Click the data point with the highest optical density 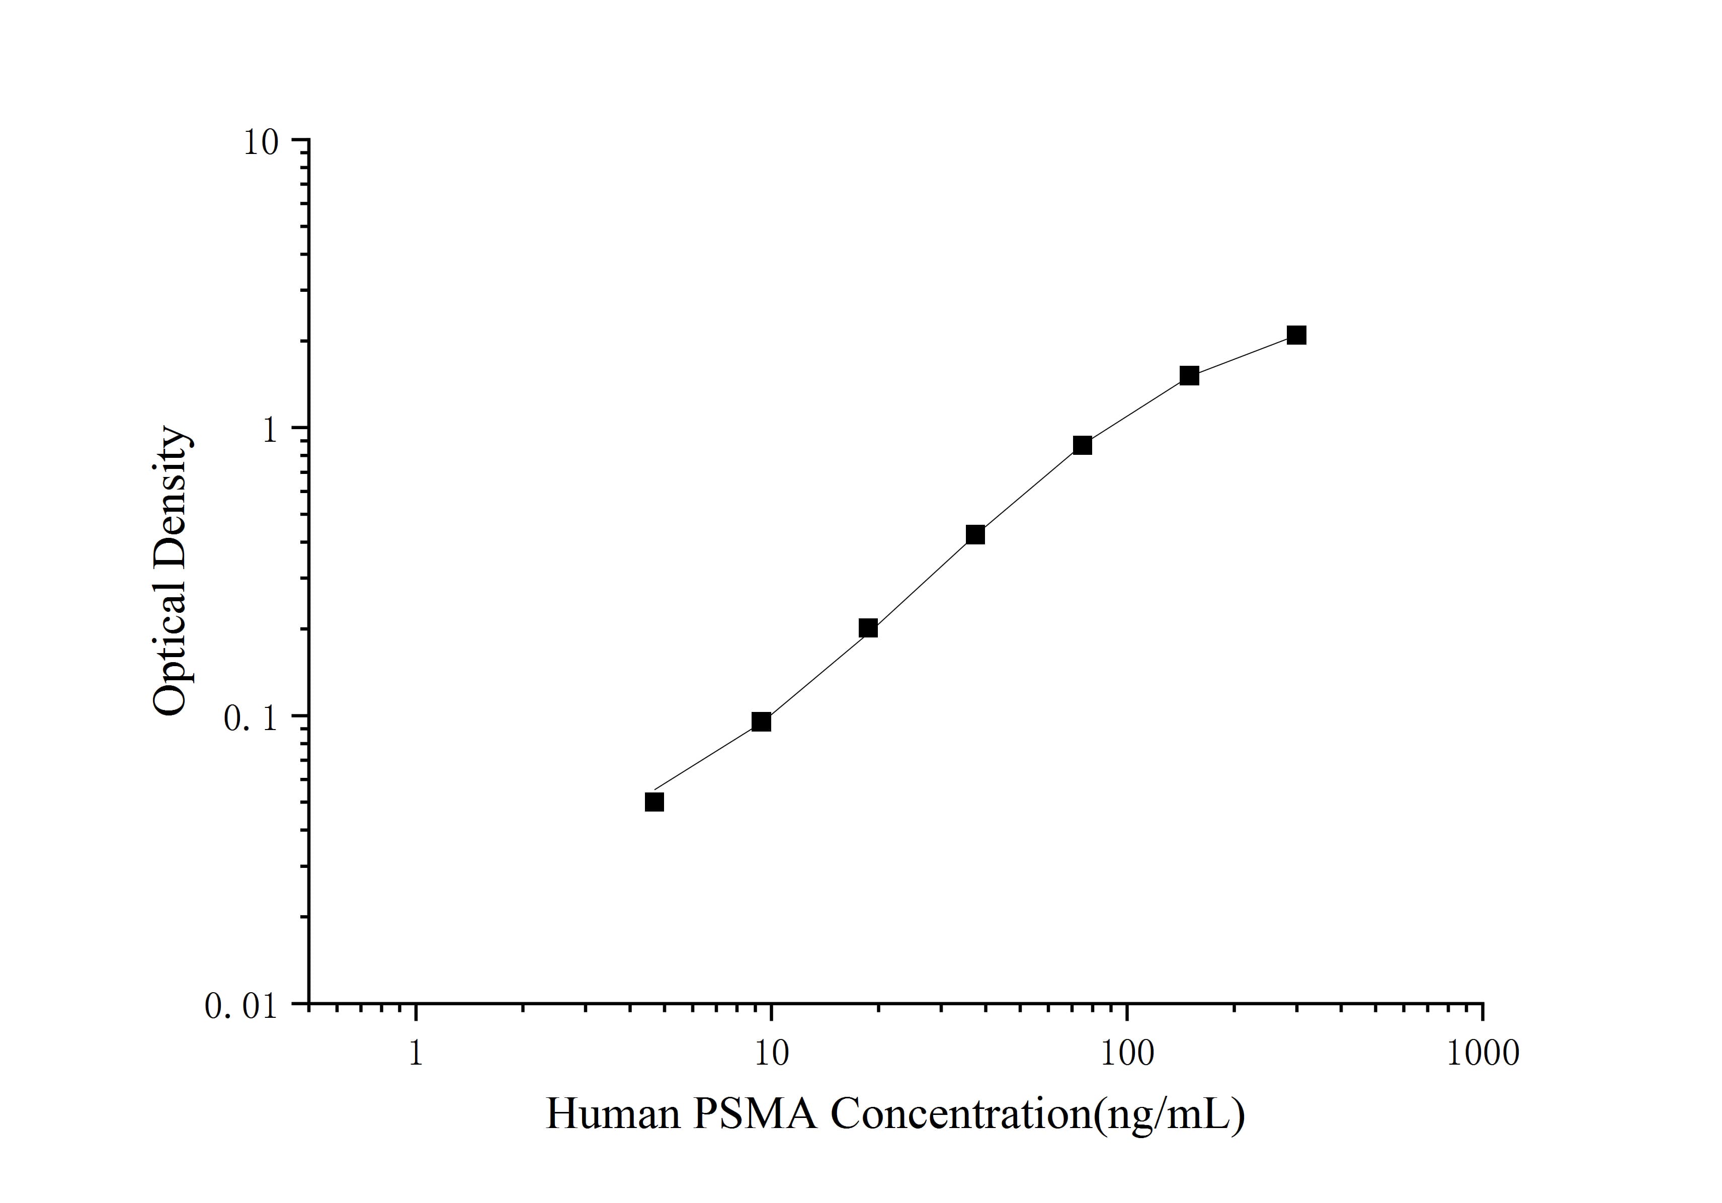[1296, 335]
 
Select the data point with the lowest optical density [654, 803]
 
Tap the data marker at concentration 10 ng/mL [761, 721]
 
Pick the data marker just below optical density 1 [1082, 445]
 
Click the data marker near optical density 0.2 [868, 628]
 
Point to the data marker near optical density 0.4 [975, 535]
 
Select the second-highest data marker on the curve [1189, 376]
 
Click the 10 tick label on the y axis [260, 142]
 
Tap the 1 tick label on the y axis [268, 429]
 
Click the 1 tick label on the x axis [416, 1053]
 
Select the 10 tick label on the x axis [771, 1053]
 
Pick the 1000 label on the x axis [1482, 1053]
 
